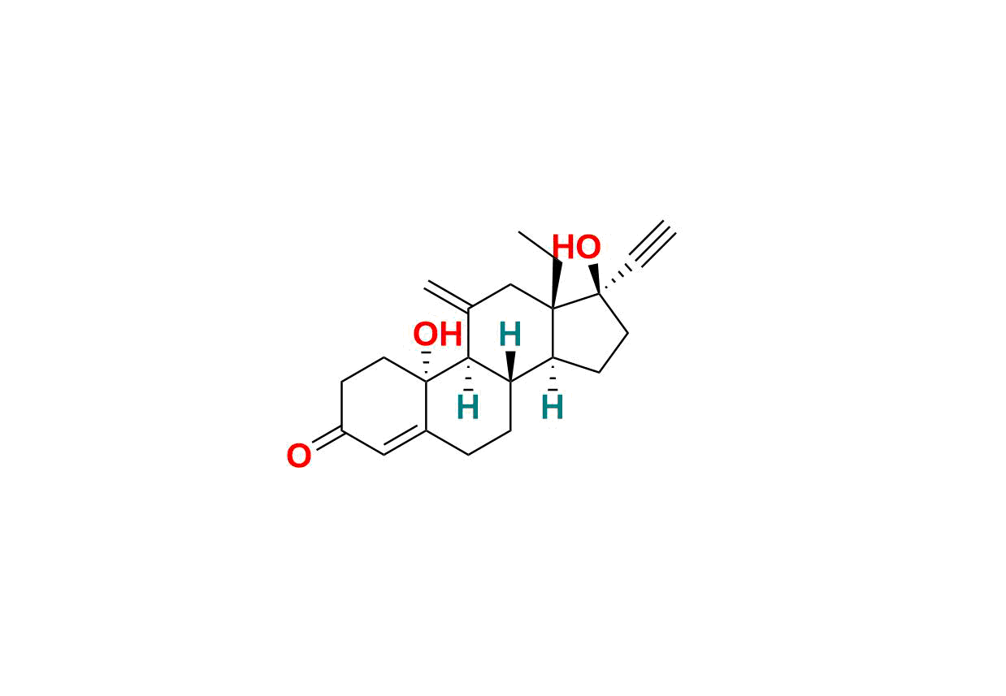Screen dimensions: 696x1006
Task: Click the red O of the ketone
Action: coord(298,456)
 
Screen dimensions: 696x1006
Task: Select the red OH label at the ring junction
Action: coord(437,335)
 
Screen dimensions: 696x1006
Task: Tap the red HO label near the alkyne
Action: coord(576,247)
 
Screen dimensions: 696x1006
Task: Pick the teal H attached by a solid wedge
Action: coord(510,335)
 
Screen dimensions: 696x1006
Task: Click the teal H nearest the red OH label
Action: coord(467,408)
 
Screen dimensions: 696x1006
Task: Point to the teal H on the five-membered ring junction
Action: coord(552,408)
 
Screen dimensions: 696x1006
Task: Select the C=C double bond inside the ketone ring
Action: coord(405,441)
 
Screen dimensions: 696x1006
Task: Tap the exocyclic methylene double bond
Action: coord(447,296)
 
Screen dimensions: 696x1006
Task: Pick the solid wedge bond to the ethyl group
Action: coord(556,284)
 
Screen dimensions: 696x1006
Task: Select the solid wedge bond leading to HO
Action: coord(596,278)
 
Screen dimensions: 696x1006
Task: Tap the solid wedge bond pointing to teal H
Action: coord(510,366)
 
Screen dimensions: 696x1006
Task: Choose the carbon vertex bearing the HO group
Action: coord(599,293)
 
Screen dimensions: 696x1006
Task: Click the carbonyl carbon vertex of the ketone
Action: coord(342,430)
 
